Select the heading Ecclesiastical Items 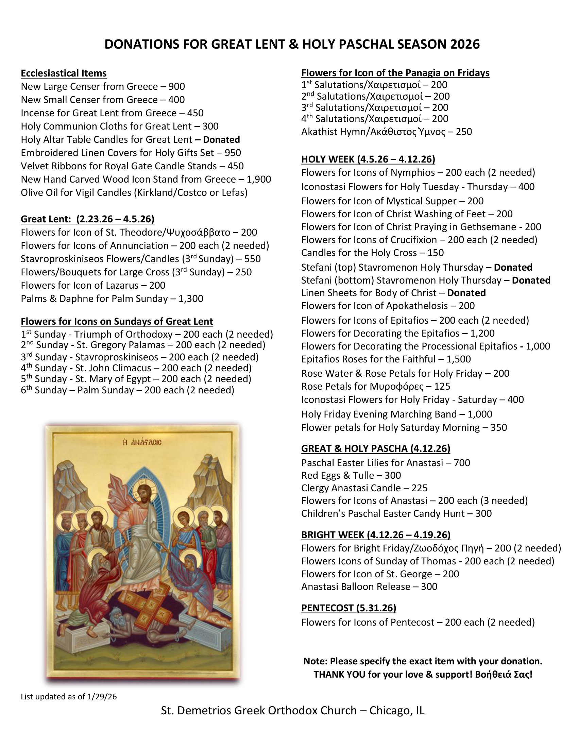64,73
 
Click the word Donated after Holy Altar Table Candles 221,140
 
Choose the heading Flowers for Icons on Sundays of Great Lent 117,321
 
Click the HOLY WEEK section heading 368,159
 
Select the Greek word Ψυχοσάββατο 198,233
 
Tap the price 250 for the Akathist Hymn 464,132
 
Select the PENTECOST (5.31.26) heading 348,608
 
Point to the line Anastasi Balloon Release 369,587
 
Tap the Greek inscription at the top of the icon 142,442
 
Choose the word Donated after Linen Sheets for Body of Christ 466,293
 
